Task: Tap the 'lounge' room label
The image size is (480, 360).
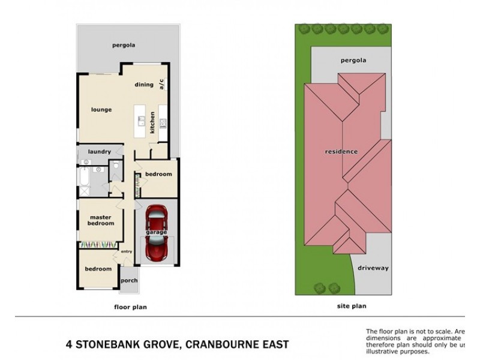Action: click(101, 110)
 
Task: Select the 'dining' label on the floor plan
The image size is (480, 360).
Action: click(144, 85)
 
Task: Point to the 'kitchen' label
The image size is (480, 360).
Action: click(152, 122)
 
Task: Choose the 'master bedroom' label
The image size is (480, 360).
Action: click(101, 220)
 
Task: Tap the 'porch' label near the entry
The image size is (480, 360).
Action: click(129, 280)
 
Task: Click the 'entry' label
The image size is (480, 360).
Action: click(126, 251)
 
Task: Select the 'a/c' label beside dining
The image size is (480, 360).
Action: click(161, 85)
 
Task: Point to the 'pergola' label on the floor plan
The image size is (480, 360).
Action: click(123, 45)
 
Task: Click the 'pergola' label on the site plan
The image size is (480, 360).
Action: click(353, 60)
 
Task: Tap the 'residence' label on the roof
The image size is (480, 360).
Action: click(341, 151)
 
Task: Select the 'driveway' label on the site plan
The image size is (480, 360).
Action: click(374, 268)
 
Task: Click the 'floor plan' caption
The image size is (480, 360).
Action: click(130, 307)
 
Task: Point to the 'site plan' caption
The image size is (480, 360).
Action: click(352, 305)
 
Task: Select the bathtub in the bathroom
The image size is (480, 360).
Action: click(83, 178)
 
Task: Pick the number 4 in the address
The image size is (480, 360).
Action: click(68, 344)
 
